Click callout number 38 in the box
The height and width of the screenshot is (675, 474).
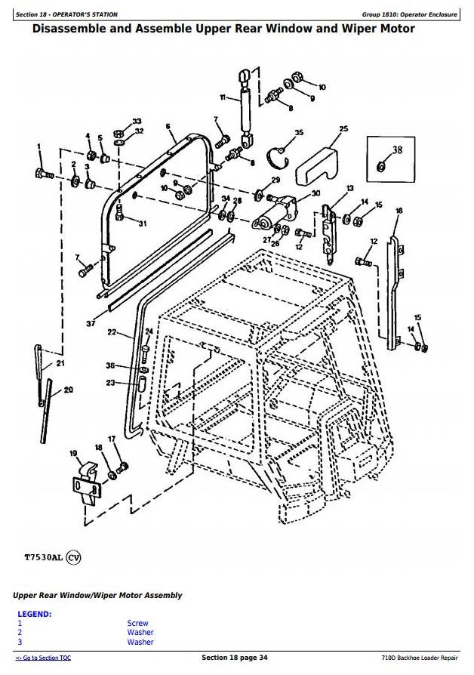pos(397,149)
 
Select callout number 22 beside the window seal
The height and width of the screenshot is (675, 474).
pos(112,332)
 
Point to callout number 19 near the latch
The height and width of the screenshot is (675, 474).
pos(74,454)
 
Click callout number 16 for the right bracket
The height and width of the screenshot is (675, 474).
pos(399,211)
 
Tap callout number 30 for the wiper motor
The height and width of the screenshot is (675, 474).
pos(315,194)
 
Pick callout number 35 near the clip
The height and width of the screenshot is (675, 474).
pos(299,133)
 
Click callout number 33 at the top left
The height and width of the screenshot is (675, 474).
pos(137,122)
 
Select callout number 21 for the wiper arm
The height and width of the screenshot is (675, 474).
pos(60,364)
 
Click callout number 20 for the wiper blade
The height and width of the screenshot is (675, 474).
pos(69,390)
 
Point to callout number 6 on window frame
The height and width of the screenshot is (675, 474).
pos(168,126)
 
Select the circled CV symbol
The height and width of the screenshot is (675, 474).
pos(73,558)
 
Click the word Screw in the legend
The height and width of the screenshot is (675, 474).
pos(137,624)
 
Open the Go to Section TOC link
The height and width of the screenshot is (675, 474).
pos(43,658)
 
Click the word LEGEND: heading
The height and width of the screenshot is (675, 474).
pos(35,614)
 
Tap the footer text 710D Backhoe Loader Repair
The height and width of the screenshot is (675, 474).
pos(420,658)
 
